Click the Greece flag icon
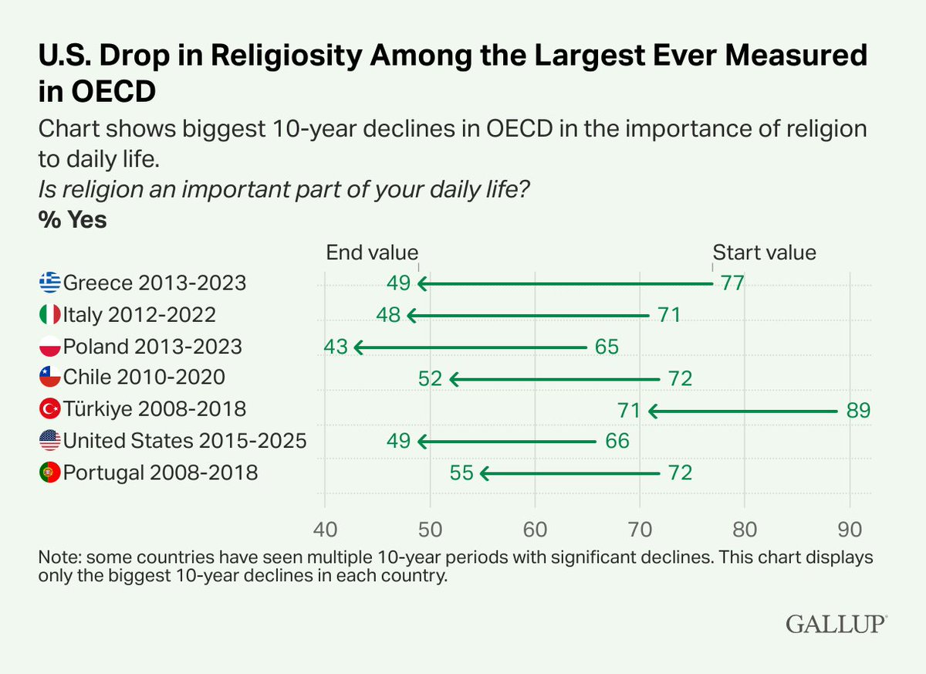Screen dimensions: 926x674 click(50, 283)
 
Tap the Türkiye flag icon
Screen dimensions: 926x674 click(50, 409)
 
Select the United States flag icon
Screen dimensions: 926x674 click(50, 440)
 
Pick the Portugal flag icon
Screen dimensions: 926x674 click(50, 472)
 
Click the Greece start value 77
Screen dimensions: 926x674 click(732, 283)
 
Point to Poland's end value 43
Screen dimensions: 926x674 click(336, 347)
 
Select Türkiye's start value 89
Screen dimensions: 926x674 click(859, 410)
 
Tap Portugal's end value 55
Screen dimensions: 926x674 click(461, 473)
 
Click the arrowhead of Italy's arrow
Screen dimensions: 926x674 click(411, 316)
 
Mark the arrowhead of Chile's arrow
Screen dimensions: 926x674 click(453, 379)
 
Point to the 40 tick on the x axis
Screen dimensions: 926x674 click(326, 530)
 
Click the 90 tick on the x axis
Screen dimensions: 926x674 click(850, 530)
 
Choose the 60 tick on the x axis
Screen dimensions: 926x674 click(535, 530)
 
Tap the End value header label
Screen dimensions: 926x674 click(372, 252)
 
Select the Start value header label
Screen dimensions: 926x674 click(765, 252)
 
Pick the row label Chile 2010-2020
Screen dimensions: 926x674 click(144, 377)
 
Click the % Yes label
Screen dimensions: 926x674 click(73, 219)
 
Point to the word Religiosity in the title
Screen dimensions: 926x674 click(287, 55)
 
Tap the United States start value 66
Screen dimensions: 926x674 click(617, 441)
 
